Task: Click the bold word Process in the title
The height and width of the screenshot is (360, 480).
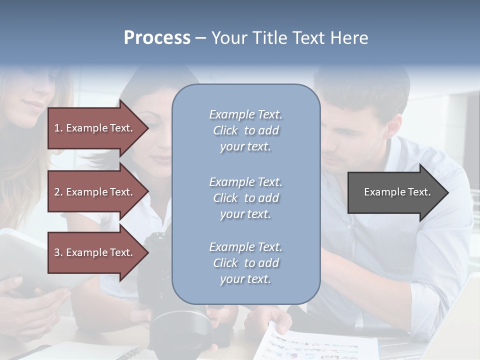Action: [157, 38]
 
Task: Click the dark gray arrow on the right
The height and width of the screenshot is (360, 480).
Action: [395, 192]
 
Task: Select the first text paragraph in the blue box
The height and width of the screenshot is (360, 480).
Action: [245, 130]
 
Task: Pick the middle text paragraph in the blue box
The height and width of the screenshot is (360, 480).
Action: [245, 198]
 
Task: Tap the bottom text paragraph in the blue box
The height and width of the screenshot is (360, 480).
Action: [245, 263]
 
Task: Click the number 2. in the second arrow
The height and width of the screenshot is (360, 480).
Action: [58, 192]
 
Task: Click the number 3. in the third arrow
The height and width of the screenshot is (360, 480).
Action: [58, 252]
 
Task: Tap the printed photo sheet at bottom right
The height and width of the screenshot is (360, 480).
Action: [320, 345]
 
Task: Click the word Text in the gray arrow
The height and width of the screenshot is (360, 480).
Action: [419, 192]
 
